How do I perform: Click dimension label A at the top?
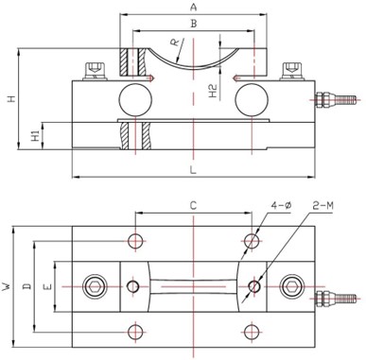193,7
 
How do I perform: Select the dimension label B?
194,24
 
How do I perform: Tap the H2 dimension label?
214,91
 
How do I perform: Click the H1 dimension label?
36,136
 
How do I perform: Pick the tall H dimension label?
11,99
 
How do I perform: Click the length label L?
193,170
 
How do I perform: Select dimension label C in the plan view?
193,206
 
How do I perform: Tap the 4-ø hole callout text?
281,205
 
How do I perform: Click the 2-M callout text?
323,206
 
